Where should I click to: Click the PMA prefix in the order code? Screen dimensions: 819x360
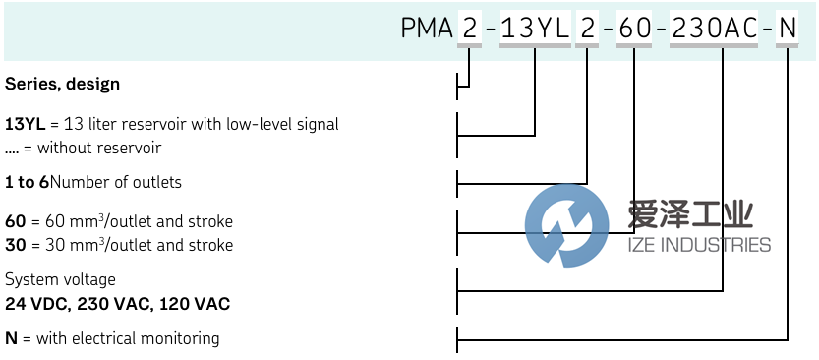point(427,29)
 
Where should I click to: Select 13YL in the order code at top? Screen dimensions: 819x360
point(535,29)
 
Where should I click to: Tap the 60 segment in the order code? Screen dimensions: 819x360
point(634,29)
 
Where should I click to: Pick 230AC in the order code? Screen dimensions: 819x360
point(715,29)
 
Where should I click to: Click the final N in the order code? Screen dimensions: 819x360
point(788,29)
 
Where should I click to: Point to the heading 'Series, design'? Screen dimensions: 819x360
point(62,85)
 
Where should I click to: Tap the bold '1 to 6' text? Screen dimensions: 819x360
point(27,182)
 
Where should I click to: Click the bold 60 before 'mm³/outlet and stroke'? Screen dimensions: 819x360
point(15,221)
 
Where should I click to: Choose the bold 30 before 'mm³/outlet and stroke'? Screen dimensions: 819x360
point(15,245)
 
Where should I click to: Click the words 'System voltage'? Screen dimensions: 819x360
point(60,280)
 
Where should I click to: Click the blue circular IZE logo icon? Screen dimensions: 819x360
point(566,225)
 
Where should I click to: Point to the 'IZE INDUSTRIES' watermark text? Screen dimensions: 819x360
point(699,245)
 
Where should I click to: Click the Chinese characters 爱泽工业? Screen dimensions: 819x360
point(690,213)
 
